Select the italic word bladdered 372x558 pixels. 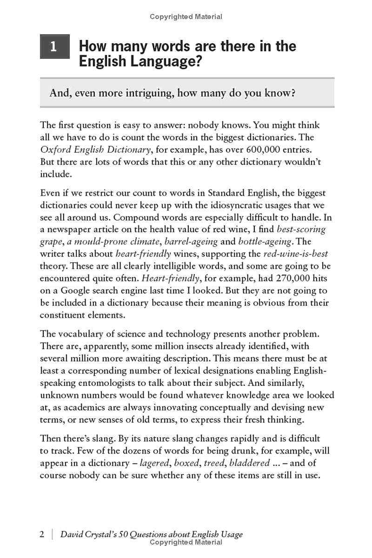click(x=249, y=463)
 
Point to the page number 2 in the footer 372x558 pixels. click(x=42, y=534)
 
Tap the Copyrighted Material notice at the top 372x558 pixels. click(x=186, y=17)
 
